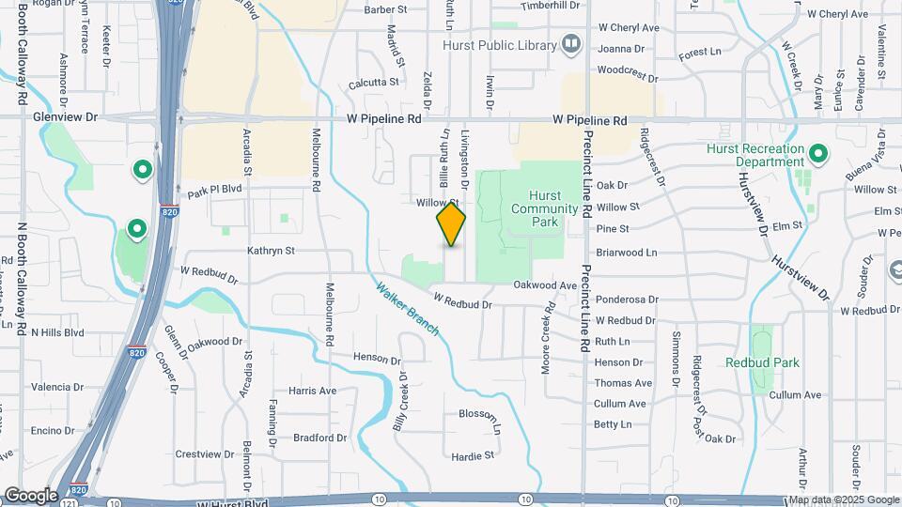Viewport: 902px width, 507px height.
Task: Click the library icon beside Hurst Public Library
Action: pos(570,43)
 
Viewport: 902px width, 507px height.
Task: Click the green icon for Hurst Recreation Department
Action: pos(817,154)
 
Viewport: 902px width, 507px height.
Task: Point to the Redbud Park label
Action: pos(762,362)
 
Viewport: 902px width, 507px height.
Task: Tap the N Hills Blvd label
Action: pos(57,332)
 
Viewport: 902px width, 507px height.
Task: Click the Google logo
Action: pos(30,495)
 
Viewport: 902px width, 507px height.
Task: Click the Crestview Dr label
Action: pos(204,454)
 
